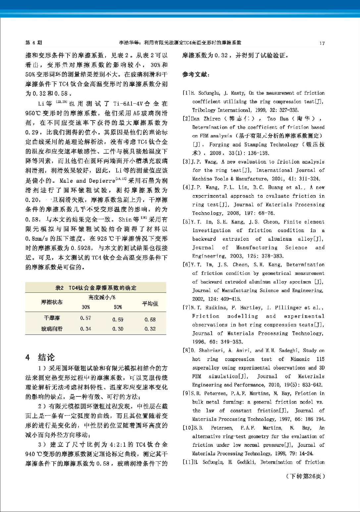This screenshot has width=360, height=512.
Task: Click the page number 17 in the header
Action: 322,43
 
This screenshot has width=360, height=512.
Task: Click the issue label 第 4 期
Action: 34,43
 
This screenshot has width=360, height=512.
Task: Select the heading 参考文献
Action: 196,75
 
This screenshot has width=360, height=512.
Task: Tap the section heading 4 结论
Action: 40,357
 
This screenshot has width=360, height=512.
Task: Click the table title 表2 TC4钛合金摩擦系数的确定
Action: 96,288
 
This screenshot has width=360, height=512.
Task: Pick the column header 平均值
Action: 150,303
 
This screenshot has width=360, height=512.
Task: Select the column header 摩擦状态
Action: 52,302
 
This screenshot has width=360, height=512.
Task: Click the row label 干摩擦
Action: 52,318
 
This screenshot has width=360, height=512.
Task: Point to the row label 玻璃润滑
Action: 52,329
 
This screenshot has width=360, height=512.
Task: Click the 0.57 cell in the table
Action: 85,318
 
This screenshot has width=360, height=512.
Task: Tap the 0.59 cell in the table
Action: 118,320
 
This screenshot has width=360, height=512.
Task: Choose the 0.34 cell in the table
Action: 85,329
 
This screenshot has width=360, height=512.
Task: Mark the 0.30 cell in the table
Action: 118,329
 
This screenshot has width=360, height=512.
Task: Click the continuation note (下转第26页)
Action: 305,476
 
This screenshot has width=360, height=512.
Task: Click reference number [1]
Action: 186,93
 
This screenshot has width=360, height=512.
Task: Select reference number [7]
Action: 186,308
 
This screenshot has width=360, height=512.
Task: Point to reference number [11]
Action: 188,462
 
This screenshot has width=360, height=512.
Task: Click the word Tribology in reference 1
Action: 204,110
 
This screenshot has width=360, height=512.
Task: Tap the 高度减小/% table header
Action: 102,297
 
